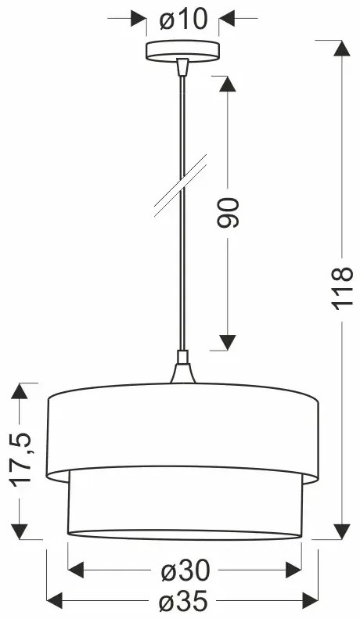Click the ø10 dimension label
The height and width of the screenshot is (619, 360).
182,18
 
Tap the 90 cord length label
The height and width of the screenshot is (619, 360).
228,212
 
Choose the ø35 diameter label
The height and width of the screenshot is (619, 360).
184,603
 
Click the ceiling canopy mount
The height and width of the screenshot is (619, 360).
182,50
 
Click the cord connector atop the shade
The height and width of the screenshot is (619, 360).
182,370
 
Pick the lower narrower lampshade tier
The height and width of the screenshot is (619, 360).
184,505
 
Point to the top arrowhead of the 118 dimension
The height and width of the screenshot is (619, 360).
342,48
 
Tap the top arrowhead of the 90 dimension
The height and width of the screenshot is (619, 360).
228,84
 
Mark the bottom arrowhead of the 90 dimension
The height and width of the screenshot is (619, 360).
228,342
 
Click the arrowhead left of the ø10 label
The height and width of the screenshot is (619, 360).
139,18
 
